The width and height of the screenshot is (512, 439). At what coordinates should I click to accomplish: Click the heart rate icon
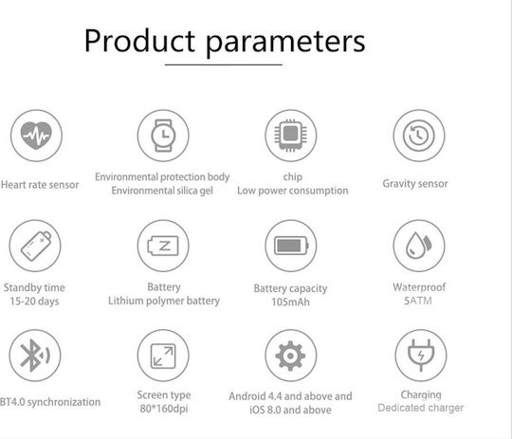tap(36, 136)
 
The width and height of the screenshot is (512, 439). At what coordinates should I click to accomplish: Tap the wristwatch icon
tap(163, 136)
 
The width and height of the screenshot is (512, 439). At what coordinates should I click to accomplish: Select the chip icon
tap(291, 136)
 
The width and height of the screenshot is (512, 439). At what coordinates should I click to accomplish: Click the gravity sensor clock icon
tap(419, 136)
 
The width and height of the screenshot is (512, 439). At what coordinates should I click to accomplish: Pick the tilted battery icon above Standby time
tap(36, 246)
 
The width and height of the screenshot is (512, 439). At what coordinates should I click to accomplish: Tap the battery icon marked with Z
tap(163, 246)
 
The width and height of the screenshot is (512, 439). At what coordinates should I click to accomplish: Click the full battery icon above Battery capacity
tap(291, 246)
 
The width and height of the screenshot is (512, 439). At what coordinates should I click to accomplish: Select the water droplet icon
tap(419, 246)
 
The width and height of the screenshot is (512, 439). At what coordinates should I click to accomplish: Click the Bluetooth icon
tap(35, 356)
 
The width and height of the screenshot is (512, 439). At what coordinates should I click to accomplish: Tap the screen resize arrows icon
tap(163, 356)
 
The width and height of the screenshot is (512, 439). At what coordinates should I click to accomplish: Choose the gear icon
tap(290, 356)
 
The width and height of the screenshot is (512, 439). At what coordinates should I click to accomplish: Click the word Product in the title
tap(139, 41)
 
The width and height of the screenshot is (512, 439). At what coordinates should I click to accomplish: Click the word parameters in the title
tap(285, 44)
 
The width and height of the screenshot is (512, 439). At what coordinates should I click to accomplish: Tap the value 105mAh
tap(290, 302)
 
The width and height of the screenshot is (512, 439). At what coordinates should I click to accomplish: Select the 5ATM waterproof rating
tap(418, 301)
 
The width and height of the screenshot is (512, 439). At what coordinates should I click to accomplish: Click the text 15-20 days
tap(35, 302)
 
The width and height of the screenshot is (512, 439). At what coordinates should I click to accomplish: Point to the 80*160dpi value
tap(164, 409)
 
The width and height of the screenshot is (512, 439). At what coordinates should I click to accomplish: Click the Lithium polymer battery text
tap(164, 301)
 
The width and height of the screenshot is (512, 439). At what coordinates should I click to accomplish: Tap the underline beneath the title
tap(224, 64)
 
